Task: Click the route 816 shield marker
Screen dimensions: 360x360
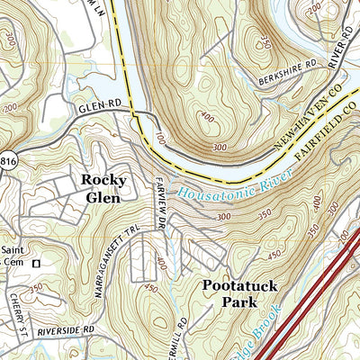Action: pos(4,155)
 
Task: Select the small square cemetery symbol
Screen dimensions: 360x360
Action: pos(37,265)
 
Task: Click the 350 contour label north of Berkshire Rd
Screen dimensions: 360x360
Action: pos(265,42)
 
